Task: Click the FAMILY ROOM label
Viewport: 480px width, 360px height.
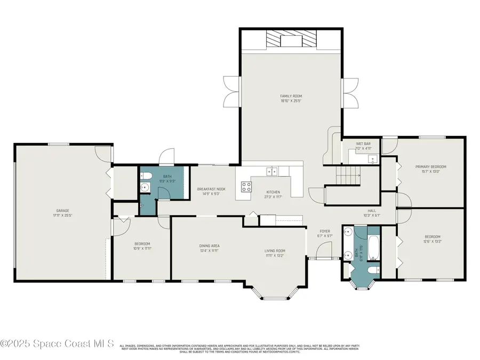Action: [291, 96]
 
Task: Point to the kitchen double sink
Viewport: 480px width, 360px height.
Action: [273, 171]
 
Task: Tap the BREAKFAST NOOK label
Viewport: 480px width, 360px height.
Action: [211, 189]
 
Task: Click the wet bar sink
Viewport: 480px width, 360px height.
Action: [373, 158]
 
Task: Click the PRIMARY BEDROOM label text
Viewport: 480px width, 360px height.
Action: [430, 167]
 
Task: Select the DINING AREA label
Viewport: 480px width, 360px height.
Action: [209, 246]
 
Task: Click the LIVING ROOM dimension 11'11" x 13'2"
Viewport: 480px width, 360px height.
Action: [275, 255]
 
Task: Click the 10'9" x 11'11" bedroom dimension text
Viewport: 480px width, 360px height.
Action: [142, 248]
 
